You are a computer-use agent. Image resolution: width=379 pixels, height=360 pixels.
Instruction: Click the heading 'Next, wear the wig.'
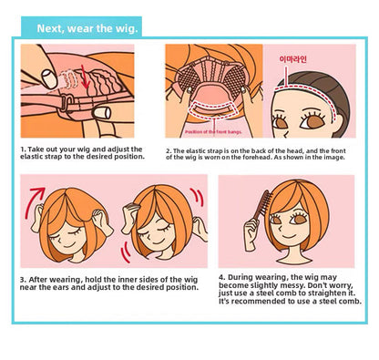[x=87, y=28]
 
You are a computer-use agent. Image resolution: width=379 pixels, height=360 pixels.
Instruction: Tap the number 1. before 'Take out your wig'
[x=23, y=149]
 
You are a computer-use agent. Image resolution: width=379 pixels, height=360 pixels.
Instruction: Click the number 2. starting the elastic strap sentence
[x=169, y=151]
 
